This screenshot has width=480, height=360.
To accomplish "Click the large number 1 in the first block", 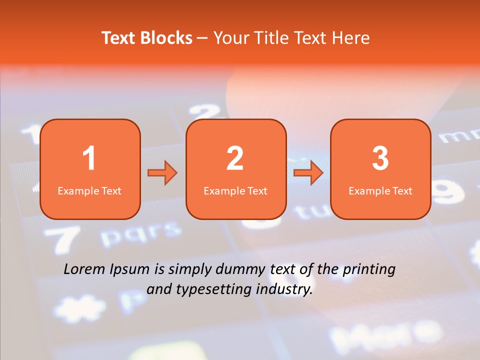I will click(x=89, y=158).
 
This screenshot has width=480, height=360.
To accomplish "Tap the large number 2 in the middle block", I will click(x=235, y=158).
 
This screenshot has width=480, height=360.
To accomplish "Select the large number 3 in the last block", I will click(x=380, y=158).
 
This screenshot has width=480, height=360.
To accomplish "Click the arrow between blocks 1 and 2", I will click(x=162, y=173).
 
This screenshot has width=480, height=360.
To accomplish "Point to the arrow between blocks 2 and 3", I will click(x=308, y=173).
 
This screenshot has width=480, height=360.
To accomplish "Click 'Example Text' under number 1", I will click(x=89, y=190).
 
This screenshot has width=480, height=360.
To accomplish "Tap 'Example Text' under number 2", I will click(x=235, y=190).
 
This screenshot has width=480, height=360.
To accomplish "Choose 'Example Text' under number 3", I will click(x=380, y=190).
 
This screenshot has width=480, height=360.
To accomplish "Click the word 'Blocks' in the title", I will click(x=166, y=38).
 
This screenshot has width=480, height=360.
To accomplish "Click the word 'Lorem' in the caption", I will click(x=84, y=269).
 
